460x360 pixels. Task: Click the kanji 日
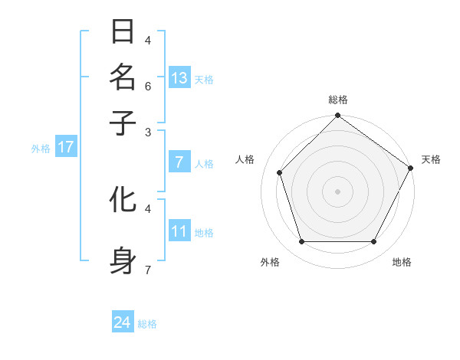click(123, 32)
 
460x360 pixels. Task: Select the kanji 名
click(123, 77)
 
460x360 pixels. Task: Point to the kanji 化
click(123, 200)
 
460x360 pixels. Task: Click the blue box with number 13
click(179, 78)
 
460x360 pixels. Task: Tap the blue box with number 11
click(179, 232)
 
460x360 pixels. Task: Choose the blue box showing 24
click(123, 323)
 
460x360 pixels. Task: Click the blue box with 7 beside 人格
click(179, 162)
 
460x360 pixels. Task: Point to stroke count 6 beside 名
click(148, 86)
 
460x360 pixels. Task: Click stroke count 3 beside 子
click(148, 132)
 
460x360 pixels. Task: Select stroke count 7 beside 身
click(148, 270)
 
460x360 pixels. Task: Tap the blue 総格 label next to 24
click(147, 324)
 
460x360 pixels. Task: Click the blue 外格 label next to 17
click(41, 149)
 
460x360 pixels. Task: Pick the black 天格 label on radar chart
click(431, 159)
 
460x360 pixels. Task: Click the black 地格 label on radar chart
click(402, 262)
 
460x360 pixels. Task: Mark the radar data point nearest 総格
click(337, 116)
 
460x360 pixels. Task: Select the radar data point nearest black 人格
click(280, 172)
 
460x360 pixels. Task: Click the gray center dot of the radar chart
click(337, 191)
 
